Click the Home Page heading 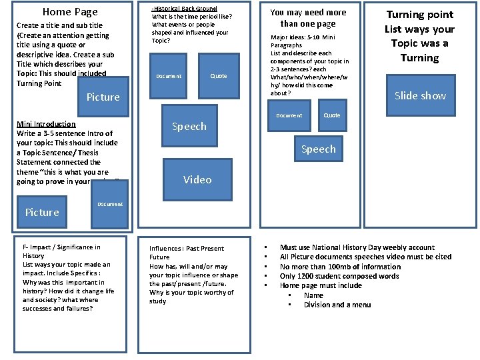pyautogui.click(x=70, y=12)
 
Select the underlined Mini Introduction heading pyautogui.click(x=46, y=124)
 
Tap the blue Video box pyautogui.click(x=197, y=180)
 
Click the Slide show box pyautogui.click(x=420, y=96)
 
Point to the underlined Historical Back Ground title pyautogui.click(x=185, y=8)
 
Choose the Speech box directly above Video pyautogui.click(x=189, y=127)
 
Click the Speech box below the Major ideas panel pyautogui.click(x=319, y=149)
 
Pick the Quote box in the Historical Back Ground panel pyautogui.click(x=219, y=76)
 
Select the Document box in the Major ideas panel pyautogui.click(x=289, y=116)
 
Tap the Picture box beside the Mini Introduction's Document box pyautogui.click(x=42, y=213)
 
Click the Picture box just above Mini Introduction pyautogui.click(x=103, y=97)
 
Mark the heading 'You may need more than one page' pyautogui.click(x=308, y=18)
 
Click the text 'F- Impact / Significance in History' pyautogui.click(x=61, y=251)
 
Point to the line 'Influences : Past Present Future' pyautogui.click(x=187, y=253)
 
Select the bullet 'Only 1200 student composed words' pyautogui.click(x=339, y=276)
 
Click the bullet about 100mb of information pyautogui.click(x=340, y=267)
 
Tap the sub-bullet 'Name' pyautogui.click(x=313, y=295)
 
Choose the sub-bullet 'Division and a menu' pyautogui.click(x=337, y=305)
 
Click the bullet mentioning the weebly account pyautogui.click(x=357, y=247)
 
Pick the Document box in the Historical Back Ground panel pyautogui.click(x=169, y=77)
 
